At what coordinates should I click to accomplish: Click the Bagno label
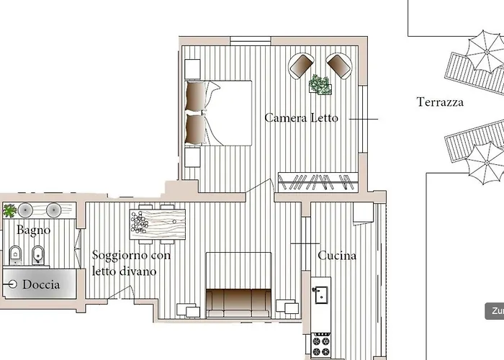tap(34, 230)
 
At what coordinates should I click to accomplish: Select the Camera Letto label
tap(300, 117)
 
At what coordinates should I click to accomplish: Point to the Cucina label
tap(337, 255)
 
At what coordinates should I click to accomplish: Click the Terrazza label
tap(440, 102)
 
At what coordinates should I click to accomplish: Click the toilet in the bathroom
tap(14, 254)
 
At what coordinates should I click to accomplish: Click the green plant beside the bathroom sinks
tap(9, 210)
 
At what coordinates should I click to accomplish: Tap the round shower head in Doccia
tap(12, 285)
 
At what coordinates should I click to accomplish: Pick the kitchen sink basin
tap(322, 294)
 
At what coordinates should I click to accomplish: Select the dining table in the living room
tap(158, 223)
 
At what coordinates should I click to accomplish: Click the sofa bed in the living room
tap(238, 299)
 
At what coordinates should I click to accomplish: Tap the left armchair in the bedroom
tap(301, 66)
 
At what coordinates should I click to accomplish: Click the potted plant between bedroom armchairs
tap(321, 84)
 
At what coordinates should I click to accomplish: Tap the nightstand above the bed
tap(192, 67)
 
